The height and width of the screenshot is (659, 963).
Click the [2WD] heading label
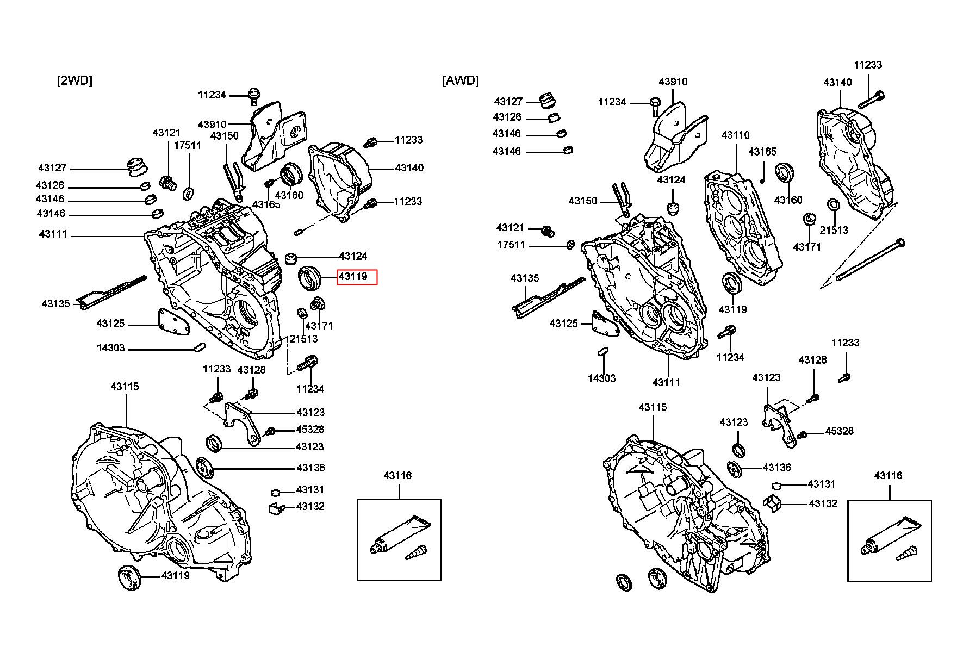click(x=74, y=80)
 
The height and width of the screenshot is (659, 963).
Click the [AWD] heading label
click(x=461, y=80)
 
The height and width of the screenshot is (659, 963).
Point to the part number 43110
click(x=735, y=135)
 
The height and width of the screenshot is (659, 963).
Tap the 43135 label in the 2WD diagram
click(x=56, y=303)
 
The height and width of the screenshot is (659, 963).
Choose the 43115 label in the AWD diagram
click(x=653, y=407)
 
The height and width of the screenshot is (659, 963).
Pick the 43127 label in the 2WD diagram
click(x=52, y=168)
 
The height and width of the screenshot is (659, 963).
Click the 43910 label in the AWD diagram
click(x=673, y=82)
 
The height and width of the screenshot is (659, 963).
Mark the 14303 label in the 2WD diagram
click(x=111, y=347)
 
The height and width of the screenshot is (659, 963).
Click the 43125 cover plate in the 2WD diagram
click(x=173, y=322)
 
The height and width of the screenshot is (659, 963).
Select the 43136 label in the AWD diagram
click(x=777, y=468)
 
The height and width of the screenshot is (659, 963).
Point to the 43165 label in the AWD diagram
click(x=762, y=151)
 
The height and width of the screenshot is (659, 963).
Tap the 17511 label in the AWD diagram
click(x=511, y=245)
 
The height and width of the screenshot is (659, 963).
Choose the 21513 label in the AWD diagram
click(x=834, y=229)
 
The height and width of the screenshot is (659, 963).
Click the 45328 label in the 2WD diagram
click(x=310, y=429)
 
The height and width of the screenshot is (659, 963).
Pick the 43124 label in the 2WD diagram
click(x=353, y=256)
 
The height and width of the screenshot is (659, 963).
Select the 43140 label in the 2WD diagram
click(x=409, y=168)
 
